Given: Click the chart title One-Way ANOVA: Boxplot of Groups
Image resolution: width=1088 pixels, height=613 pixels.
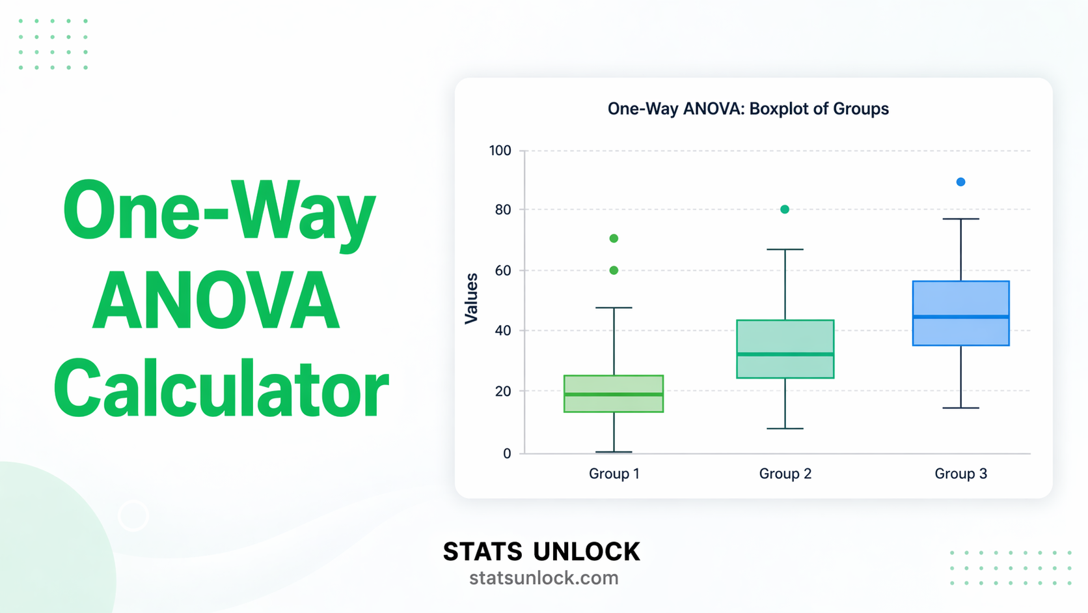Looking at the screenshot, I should pyautogui.click(x=748, y=109).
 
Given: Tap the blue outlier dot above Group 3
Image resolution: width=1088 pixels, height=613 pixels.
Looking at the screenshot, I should pyautogui.click(x=960, y=182).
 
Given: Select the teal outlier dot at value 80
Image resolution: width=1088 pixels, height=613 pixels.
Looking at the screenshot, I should pyautogui.click(x=785, y=209).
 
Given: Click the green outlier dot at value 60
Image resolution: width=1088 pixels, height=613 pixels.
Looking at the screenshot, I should pyautogui.click(x=614, y=270).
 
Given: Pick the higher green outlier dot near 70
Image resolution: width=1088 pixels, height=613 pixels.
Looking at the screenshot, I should pyautogui.click(x=614, y=238).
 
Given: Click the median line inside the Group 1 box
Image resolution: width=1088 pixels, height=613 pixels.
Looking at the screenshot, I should pyautogui.click(x=614, y=394).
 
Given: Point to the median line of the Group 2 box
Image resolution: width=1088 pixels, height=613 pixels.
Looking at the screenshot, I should pyautogui.click(x=785, y=354).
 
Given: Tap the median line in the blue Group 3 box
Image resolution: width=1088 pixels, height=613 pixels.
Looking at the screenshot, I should pyautogui.click(x=960, y=317).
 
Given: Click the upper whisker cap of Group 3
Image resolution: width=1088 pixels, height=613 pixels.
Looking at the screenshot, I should pyautogui.click(x=960, y=219).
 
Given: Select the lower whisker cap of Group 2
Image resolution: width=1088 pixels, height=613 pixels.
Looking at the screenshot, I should pyautogui.click(x=785, y=429).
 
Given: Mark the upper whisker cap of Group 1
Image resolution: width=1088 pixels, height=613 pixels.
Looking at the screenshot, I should pyautogui.click(x=614, y=307).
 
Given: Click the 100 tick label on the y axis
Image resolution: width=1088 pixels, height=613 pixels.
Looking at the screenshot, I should pyautogui.click(x=500, y=150).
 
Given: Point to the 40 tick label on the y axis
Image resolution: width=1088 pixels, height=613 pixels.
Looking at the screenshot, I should pyautogui.click(x=502, y=330).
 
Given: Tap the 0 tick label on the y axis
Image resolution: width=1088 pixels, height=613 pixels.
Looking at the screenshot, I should pyautogui.click(x=507, y=453).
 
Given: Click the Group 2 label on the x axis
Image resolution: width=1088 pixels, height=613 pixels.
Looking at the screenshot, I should pyautogui.click(x=785, y=474).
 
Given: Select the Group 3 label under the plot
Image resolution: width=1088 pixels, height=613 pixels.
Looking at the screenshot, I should pyautogui.click(x=960, y=474).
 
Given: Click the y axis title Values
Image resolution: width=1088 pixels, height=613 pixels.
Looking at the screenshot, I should pyautogui.click(x=471, y=298).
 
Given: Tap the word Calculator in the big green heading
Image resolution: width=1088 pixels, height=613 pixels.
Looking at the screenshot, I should pyautogui.click(x=221, y=390).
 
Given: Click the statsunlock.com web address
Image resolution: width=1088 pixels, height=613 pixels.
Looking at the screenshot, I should pyautogui.click(x=543, y=578).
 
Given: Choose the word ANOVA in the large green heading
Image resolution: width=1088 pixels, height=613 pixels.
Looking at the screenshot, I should pyautogui.click(x=216, y=301).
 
